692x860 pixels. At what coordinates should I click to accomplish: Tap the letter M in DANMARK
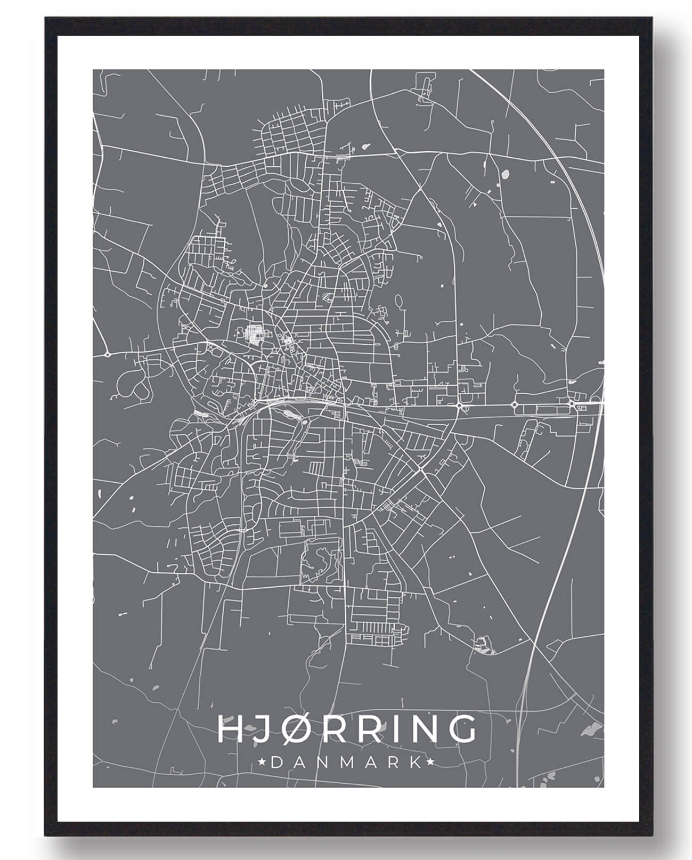click(x=341, y=762)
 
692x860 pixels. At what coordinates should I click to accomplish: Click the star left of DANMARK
click(x=262, y=762)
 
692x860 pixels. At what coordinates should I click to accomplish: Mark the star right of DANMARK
click(x=429, y=762)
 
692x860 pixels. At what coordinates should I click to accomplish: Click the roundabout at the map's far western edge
click(x=107, y=354)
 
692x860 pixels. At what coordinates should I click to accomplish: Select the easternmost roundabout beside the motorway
click(x=571, y=404)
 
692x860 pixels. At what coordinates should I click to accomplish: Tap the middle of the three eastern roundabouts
click(x=515, y=405)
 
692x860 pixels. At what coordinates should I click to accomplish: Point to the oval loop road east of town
click(x=398, y=302)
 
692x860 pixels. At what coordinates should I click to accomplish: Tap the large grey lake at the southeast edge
click(x=590, y=730)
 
